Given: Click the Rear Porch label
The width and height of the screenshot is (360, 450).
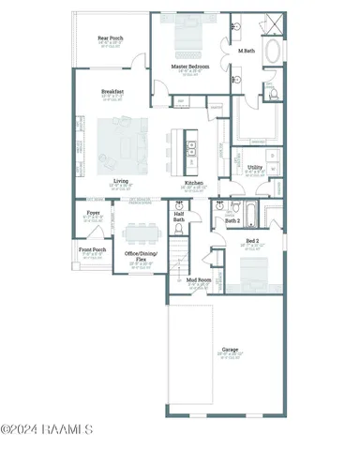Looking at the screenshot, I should pos(110,38).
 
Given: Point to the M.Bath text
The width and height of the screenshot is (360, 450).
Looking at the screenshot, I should pos(247,51).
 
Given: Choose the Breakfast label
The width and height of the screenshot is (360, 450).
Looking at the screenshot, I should pos(113,91).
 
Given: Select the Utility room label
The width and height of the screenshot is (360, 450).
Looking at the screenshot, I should pos(255,168).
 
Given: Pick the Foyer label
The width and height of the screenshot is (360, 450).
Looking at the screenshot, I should pos(93,214).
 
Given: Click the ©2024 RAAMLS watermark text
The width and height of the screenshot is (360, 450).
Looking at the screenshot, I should pos(47,430).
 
